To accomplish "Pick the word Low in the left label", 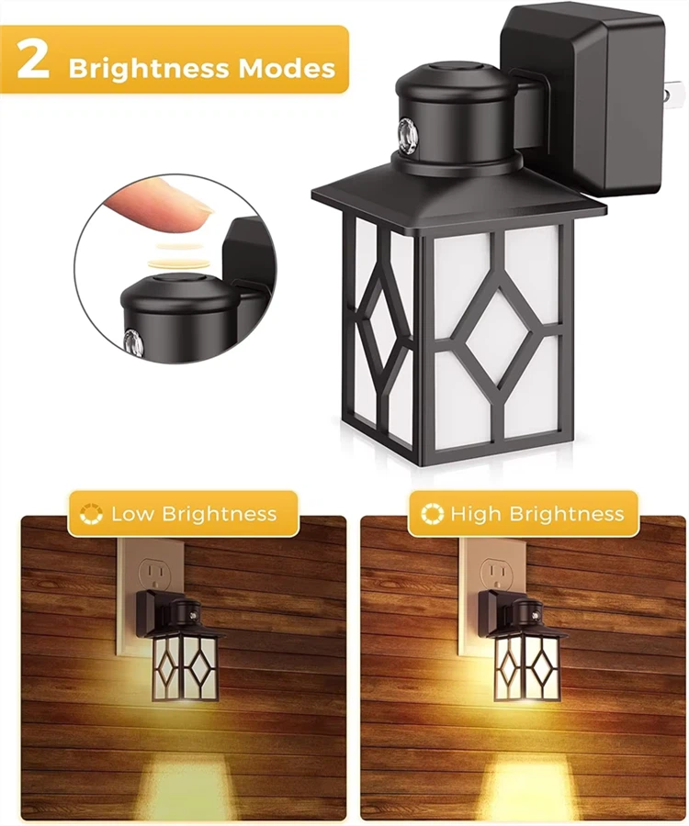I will [x=132, y=514].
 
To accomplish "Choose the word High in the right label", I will [x=473, y=514].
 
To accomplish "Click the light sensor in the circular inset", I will [x=133, y=340].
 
